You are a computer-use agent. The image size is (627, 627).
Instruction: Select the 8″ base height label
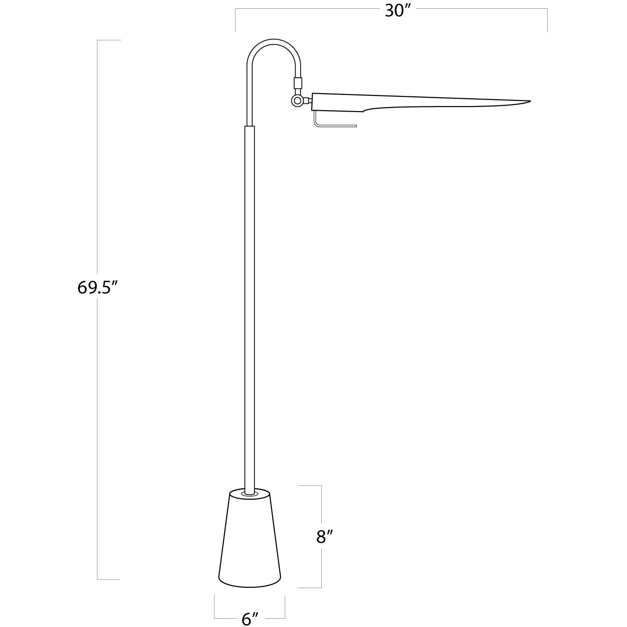coord(325,537)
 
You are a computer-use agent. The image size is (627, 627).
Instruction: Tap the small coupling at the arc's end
coord(298,83)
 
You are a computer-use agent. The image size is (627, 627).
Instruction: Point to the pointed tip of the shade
coord(529,101)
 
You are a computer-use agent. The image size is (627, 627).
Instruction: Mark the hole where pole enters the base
coord(249,493)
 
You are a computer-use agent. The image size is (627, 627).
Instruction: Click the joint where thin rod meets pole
coord(249,126)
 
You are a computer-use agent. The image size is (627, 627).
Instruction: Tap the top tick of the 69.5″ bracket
coord(109,41)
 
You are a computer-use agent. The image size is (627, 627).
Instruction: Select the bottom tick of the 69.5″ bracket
coord(109,579)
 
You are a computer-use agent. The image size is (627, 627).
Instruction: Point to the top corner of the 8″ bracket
coord(321,486)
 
